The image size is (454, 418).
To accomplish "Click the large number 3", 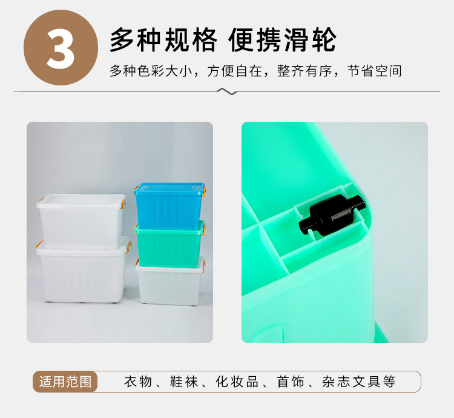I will pos(60,48).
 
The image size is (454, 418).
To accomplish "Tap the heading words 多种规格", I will pos(162,41).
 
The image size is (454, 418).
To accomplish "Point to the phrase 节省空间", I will pos(375,71).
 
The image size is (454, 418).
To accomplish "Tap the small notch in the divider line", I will pos(226,92).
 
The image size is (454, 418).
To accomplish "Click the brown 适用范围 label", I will pos(65,382).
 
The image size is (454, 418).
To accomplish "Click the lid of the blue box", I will pos(169,188).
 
